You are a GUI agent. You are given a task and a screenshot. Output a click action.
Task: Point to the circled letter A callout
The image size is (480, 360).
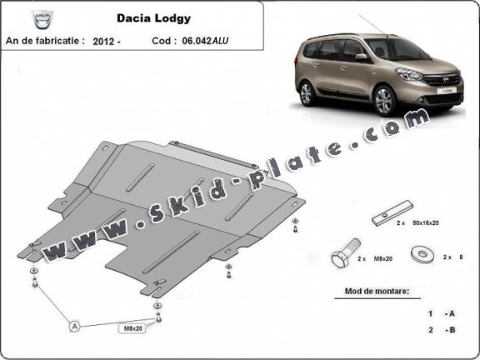75,327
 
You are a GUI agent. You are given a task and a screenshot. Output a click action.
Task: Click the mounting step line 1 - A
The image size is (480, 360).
441,313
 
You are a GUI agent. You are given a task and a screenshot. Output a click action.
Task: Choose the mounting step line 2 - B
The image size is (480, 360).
441,331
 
